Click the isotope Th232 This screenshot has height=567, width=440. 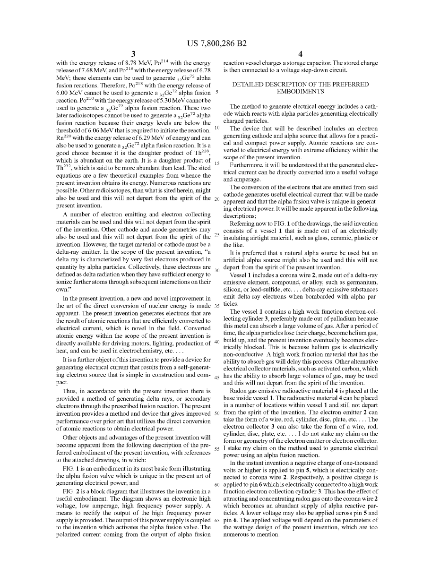click(64, 167)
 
